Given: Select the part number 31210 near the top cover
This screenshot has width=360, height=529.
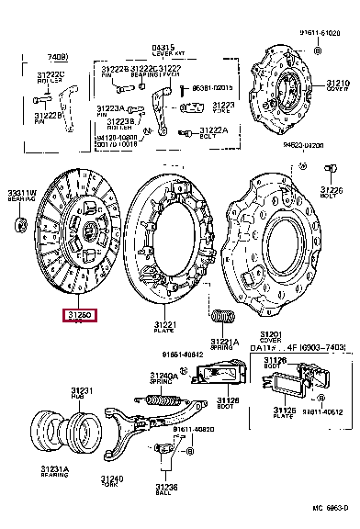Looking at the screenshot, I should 337,84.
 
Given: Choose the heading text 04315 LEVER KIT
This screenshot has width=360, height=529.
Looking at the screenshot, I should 163,49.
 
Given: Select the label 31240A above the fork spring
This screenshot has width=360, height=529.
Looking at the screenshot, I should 163,376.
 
